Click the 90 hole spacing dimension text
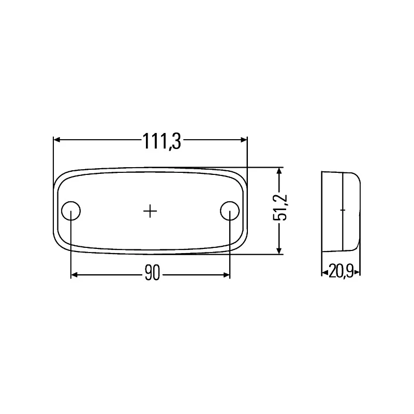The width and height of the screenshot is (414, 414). (152, 275)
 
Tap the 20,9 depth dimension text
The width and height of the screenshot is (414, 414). (341, 271)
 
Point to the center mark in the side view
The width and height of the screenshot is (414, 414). (342, 210)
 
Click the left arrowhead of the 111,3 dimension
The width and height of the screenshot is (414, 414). (57, 140)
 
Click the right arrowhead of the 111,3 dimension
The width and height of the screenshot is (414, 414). (244, 140)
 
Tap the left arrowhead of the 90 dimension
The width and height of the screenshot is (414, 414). (75, 275)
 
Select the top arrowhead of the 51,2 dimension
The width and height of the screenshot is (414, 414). (280, 171)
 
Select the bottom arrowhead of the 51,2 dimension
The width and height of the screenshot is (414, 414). (280, 250)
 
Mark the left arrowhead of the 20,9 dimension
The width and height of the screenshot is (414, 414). (324, 271)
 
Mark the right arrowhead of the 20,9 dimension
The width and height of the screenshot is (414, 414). (358, 271)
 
